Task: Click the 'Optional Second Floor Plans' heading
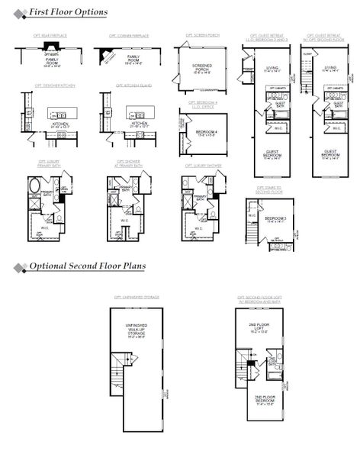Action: pos(88,266)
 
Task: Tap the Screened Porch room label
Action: pos(201,68)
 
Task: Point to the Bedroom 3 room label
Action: pos(275,219)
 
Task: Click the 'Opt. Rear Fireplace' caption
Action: pos(52,36)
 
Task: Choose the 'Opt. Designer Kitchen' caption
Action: pos(51,86)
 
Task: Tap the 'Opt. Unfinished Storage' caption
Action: pos(138,297)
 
